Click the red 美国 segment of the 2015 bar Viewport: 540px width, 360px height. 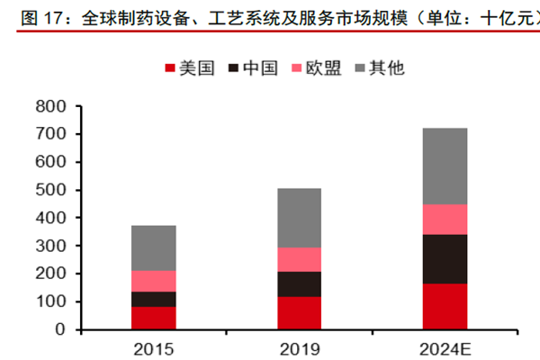pyautogui.click(x=153, y=318)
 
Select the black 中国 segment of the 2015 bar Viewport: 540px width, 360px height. pyautogui.click(x=153, y=299)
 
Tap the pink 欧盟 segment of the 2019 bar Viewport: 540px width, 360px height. pyautogui.click(x=299, y=259)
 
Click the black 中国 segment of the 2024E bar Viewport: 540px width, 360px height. pyautogui.click(x=445, y=259)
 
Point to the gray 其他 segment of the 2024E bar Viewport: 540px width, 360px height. pyautogui.click(x=445, y=166)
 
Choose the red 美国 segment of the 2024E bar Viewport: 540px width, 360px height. pyautogui.click(x=445, y=306)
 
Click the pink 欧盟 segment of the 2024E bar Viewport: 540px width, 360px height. pyautogui.click(x=445, y=219)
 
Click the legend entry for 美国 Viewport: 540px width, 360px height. pyautogui.click(x=189, y=68)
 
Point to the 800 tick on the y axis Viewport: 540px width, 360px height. pyautogui.click(x=53, y=107)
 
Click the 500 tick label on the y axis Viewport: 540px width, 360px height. pyautogui.click(x=53, y=191)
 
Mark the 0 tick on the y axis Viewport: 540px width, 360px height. pyautogui.click(x=61, y=330)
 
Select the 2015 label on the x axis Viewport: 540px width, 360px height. pyautogui.click(x=153, y=347)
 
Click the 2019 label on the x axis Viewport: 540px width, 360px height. pyautogui.click(x=299, y=347)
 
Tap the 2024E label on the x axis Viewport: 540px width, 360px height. pyautogui.click(x=445, y=347)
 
